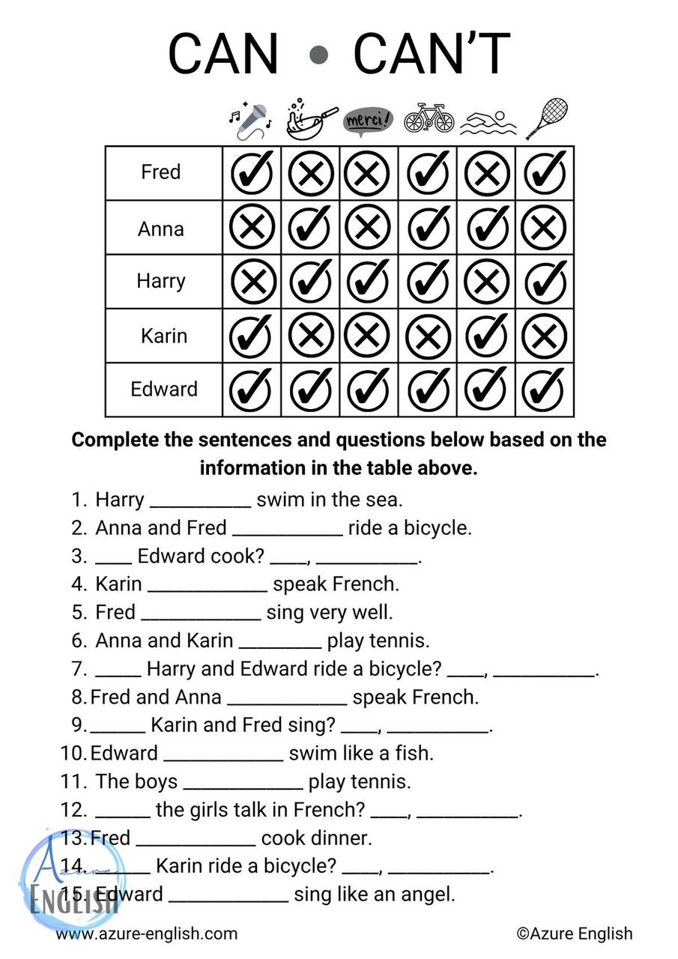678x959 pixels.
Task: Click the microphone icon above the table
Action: click(x=249, y=121)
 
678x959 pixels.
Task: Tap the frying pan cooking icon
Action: click(x=311, y=119)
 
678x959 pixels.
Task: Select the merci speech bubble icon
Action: click(x=368, y=121)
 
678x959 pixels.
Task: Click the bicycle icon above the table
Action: click(x=429, y=119)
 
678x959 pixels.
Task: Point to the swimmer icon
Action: click(x=488, y=121)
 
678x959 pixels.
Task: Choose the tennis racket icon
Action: click(x=546, y=119)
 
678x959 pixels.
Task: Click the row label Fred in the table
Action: click(x=161, y=172)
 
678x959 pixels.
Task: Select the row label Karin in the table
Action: click(x=163, y=336)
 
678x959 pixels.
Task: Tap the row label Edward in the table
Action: click(x=164, y=390)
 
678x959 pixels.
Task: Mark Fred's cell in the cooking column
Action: click(x=311, y=173)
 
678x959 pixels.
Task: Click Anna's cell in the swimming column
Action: click(x=487, y=228)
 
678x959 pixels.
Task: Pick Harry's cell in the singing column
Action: click(x=252, y=282)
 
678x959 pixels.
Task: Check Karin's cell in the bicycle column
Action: click(x=429, y=336)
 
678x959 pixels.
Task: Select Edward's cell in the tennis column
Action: click(x=545, y=390)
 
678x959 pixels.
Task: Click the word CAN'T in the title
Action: click(x=432, y=55)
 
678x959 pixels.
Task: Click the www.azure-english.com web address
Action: click(x=147, y=934)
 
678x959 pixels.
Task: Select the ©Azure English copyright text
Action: click(x=575, y=934)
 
